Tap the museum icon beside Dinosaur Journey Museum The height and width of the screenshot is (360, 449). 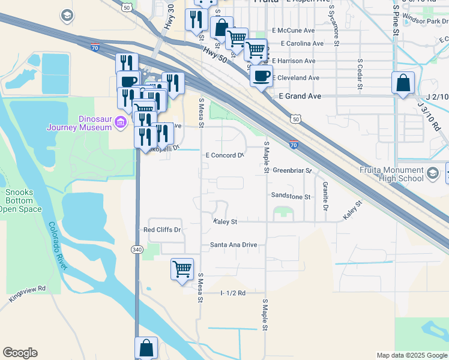tap(120, 123)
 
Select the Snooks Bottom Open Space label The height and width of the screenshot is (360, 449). tap(20, 201)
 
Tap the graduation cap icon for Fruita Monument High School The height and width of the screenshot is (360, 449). tap(432, 174)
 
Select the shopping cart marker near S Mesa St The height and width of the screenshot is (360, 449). tap(182, 268)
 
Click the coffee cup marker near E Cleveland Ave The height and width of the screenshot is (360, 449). tap(262, 76)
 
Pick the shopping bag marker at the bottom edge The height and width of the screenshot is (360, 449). tap(146, 347)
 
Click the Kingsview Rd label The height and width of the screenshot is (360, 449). tap(28, 293)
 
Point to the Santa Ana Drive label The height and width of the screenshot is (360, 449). tap(234, 245)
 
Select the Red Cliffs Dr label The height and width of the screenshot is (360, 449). tap(162, 230)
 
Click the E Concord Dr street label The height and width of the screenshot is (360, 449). tap(224, 155)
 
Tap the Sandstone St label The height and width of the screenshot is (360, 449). tap(291, 196)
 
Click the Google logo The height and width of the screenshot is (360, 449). tap(20, 353)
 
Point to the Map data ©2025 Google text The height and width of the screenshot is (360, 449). tap(411, 355)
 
